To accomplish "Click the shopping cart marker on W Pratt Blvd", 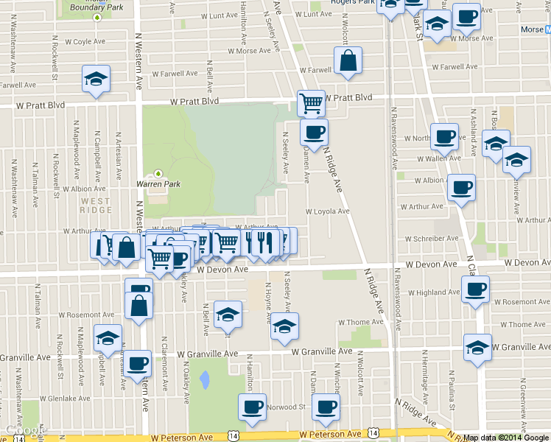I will pyautogui.click(x=311, y=102).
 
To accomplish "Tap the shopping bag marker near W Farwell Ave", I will pyautogui.click(x=348, y=62).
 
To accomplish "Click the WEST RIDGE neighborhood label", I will pyautogui.click(x=96, y=206).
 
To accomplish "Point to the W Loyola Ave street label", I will pyautogui.click(x=328, y=211).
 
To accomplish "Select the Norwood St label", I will pyautogui.click(x=286, y=407).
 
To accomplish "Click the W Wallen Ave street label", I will pyautogui.click(x=438, y=158).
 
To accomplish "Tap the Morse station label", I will pyautogui.click(x=531, y=30).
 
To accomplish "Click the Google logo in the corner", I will pyautogui.click(x=24, y=431).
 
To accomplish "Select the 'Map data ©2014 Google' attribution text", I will pyautogui.click(x=506, y=438).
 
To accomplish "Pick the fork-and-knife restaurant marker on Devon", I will pyautogui.click(x=264, y=242).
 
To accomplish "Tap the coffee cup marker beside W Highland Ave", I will pyautogui.click(x=475, y=287).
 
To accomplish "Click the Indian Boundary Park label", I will pyautogui.click(x=96, y=5).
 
